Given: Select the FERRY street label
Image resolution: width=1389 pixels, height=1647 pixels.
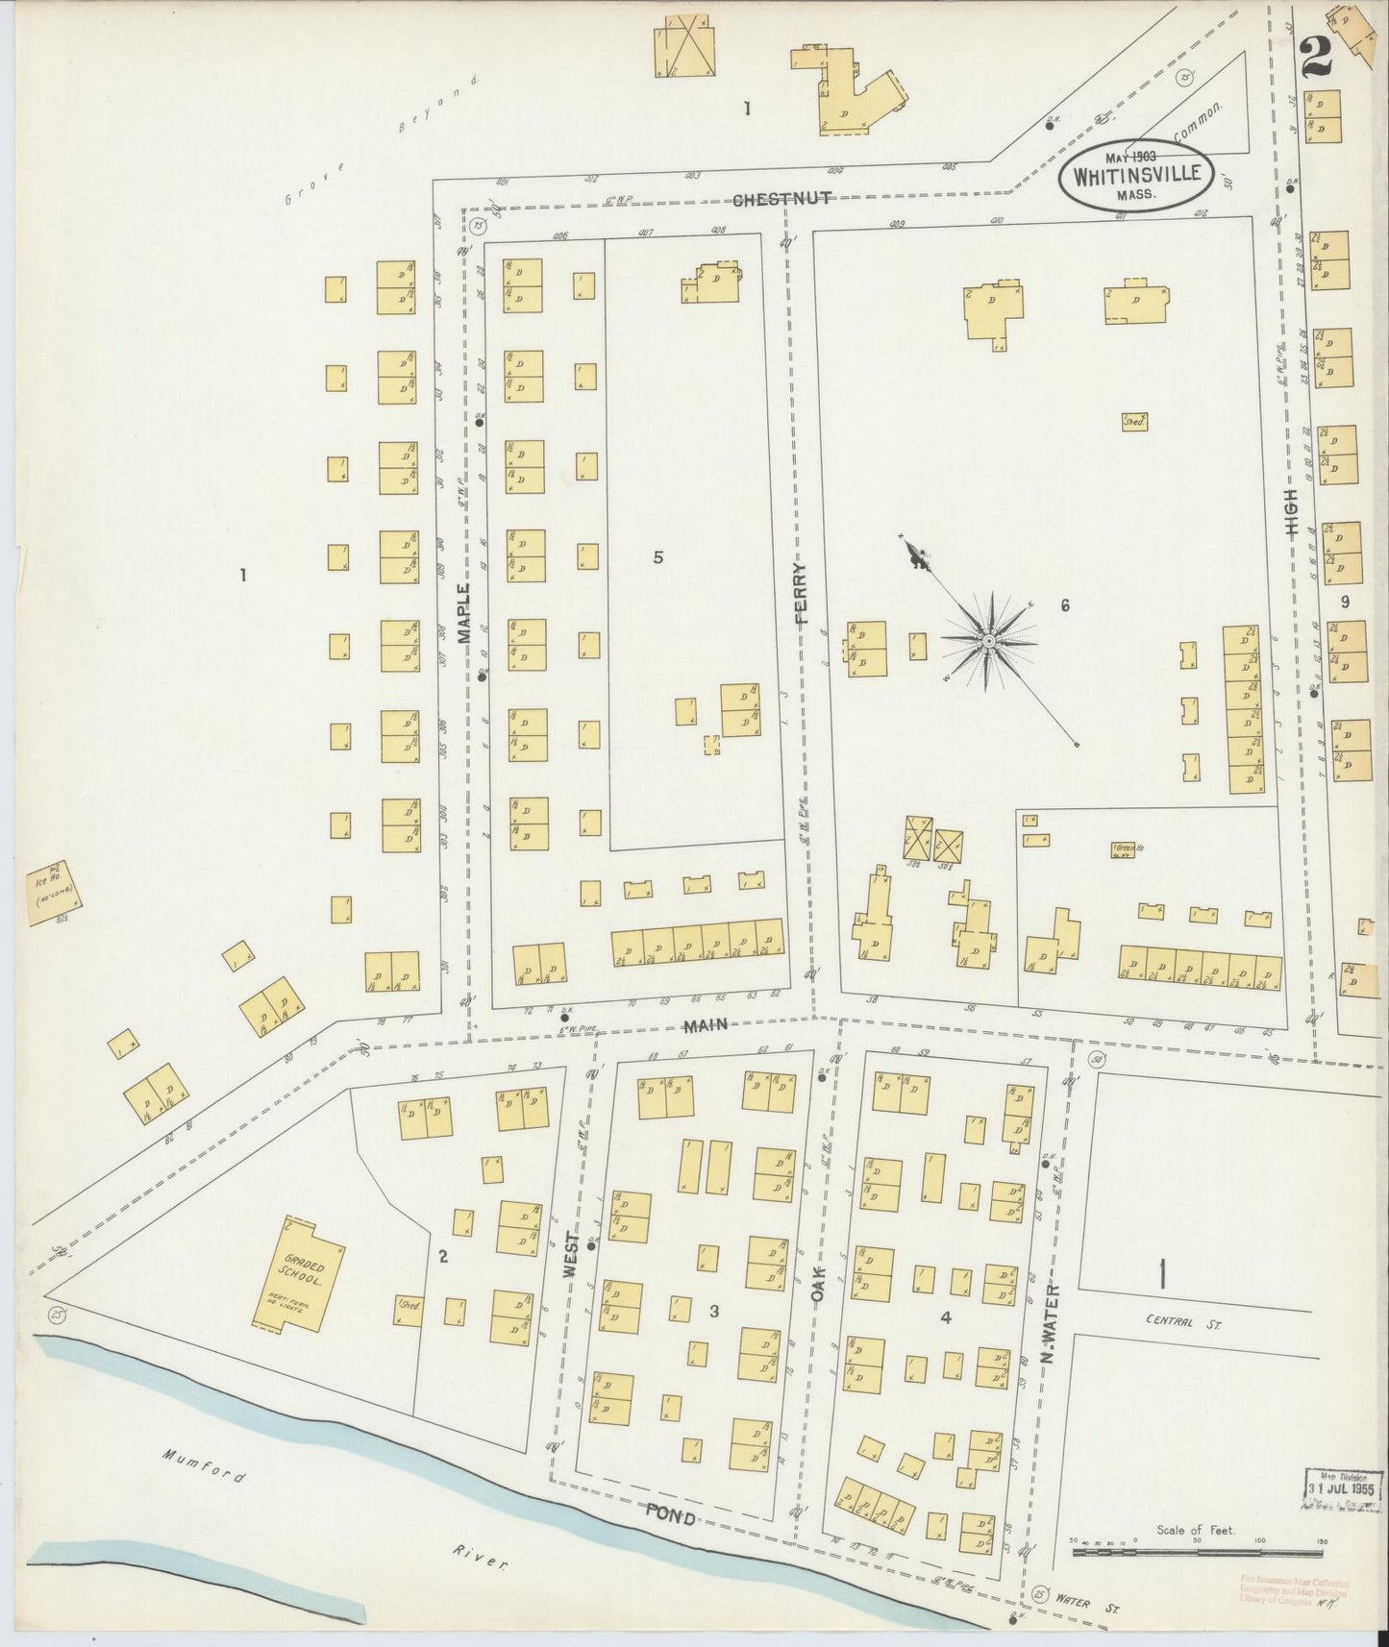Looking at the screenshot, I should point(803,595).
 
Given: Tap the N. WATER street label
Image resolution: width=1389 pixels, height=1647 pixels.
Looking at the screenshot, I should point(1051,1323).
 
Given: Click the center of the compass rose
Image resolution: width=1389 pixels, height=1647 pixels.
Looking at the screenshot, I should point(988,640).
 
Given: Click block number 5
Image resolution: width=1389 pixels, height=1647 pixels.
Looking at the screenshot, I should point(657,556).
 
